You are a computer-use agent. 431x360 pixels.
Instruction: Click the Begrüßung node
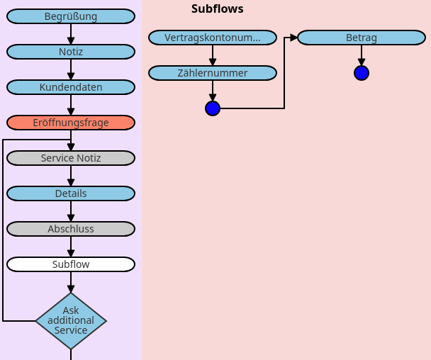click(71, 16)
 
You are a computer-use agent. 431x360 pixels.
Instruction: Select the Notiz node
click(71, 52)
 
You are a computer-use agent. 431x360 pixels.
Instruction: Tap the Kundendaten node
click(71, 87)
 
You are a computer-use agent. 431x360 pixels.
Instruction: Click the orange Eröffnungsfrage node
click(71, 123)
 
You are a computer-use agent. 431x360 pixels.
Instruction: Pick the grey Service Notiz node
click(71, 158)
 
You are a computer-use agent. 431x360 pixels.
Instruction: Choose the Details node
click(71, 193)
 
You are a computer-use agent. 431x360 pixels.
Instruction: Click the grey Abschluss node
click(71, 229)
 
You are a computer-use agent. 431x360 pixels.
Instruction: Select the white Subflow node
click(71, 264)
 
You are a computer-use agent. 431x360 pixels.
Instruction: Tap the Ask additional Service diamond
click(71, 321)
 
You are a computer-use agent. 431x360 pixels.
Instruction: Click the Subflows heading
click(217, 9)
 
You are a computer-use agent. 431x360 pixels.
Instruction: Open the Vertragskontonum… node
click(213, 38)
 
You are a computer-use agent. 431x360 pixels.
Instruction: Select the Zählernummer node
click(213, 73)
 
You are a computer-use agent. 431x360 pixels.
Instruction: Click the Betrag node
click(362, 38)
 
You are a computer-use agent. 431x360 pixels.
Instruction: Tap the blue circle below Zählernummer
click(213, 108)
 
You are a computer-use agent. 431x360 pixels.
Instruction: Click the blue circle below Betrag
click(362, 73)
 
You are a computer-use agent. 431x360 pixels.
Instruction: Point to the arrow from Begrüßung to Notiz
click(71, 34)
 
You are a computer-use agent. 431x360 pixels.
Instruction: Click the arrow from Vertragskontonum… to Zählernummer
click(213, 55)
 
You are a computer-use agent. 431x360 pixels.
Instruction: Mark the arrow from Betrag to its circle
click(362, 55)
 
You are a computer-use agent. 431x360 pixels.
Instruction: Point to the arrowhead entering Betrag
click(293, 38)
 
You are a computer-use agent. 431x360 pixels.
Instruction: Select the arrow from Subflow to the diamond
click(71, 282)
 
